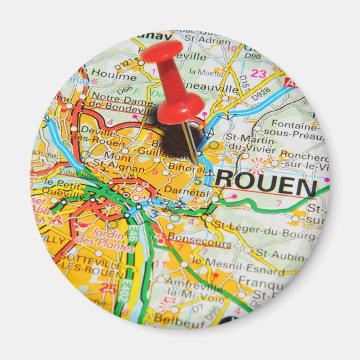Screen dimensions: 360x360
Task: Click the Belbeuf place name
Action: coord(179,317)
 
